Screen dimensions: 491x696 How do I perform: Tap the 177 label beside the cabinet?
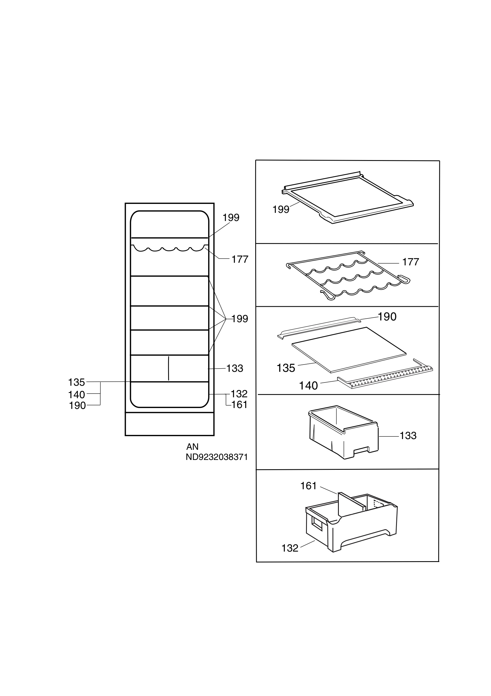pyautogui.click(x=240, y=259)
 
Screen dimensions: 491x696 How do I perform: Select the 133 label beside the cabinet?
pyautogui.click(x=235, y=368)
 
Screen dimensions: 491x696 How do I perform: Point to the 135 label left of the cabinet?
pyautogui.click(x=76, y=382)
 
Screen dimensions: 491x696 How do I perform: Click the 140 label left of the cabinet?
pyautogui.click(x=76, y=395)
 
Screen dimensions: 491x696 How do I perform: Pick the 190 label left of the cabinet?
pyautogui.click(x=78, y=406)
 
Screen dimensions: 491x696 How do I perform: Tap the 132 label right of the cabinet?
pyautogui.click(x=239, y=394)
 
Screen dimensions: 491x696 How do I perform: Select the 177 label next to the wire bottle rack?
pyautogui.click(x=411, y=262)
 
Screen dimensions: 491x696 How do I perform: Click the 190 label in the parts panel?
pyautogui.click(x=387, y=316)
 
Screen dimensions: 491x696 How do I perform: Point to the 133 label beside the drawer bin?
pyautogui.click(x=408, y=436)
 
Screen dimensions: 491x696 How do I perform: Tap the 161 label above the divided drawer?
pyautogui.click(x=308, y=486)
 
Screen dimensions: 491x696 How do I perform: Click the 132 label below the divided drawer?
pyautogui.click(x=290, y=548)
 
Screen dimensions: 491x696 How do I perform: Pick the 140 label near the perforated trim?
pyautogui.click(x=308, y=386)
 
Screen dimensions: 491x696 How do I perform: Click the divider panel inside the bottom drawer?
pyautogui.click(x=351, y=504)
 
